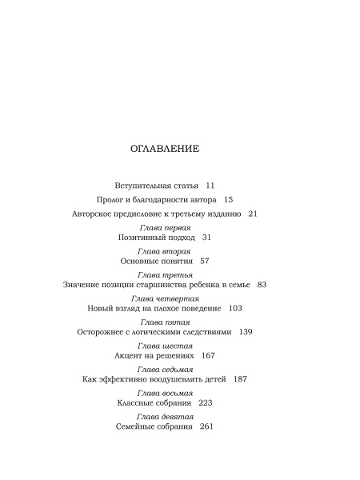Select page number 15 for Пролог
click(227, 199)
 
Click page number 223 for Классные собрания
click(205, 404)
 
